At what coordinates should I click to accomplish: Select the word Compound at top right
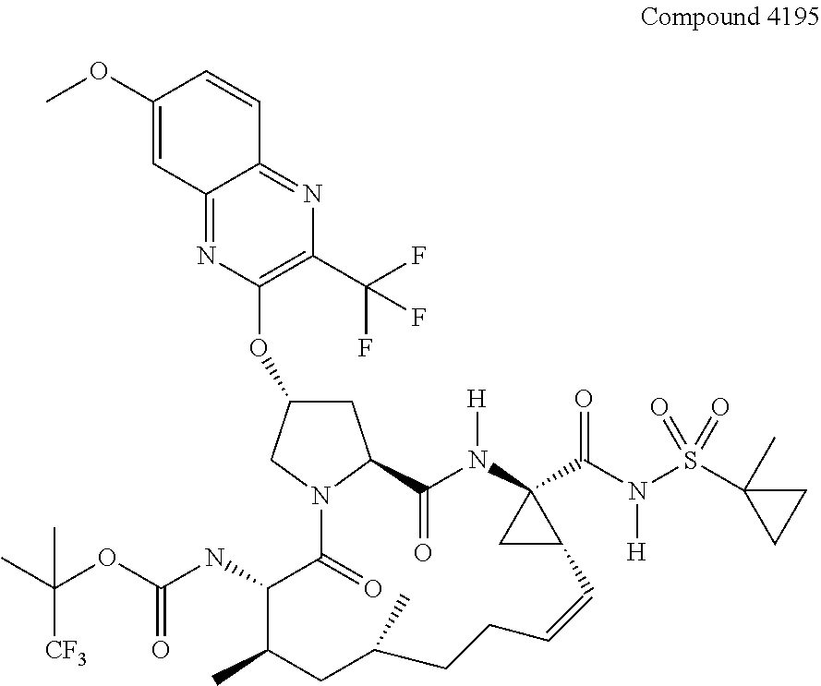[x=686, y=17]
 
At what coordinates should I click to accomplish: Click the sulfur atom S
[x=689, y=459]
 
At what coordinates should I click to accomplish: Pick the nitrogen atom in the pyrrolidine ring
[x=320, y=499]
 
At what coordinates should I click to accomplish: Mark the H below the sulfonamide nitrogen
[x=634, y=552]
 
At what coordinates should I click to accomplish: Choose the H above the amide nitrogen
[x=475, y=402]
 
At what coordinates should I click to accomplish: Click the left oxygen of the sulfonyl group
[x=658, y=407]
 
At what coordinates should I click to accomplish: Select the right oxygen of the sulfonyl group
[x=720, y=407]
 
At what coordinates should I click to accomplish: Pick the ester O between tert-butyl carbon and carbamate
[x=107, y=557]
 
